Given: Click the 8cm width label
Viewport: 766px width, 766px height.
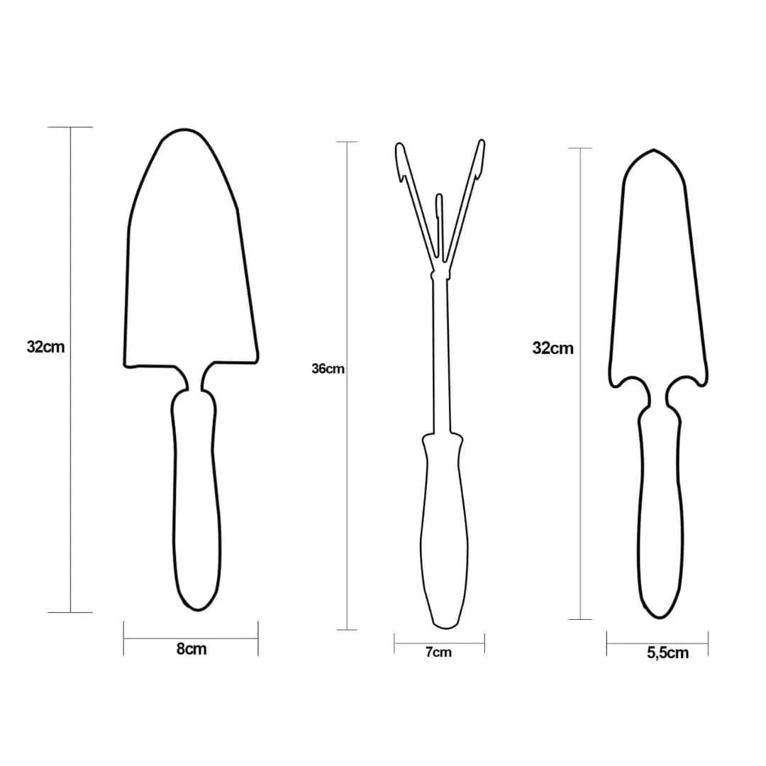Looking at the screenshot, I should click(191, 649).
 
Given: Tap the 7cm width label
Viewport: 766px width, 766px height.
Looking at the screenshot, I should click(438, 653).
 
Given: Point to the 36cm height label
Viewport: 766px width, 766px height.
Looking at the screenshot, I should click(328, 369).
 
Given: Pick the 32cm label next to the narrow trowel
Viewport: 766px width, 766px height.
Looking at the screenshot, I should click(553, 348).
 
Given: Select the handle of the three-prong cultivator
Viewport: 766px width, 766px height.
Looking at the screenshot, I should click(443, 532).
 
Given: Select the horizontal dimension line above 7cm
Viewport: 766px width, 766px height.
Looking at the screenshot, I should click(439, 643).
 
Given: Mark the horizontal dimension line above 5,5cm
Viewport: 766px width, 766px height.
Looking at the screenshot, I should click(657, 644).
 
